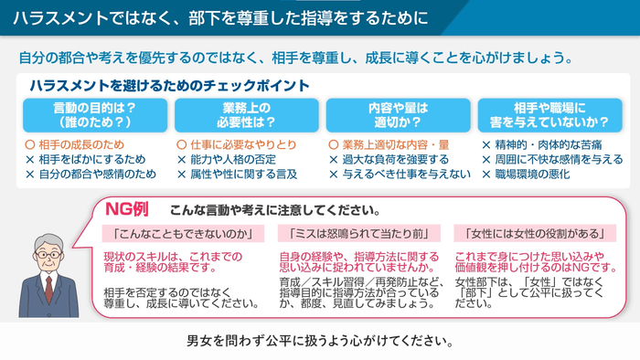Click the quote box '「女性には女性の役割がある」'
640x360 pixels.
[523, 233]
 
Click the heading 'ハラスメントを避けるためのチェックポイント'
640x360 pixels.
[169, 85]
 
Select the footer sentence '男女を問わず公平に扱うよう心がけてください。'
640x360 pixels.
[320, 342]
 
